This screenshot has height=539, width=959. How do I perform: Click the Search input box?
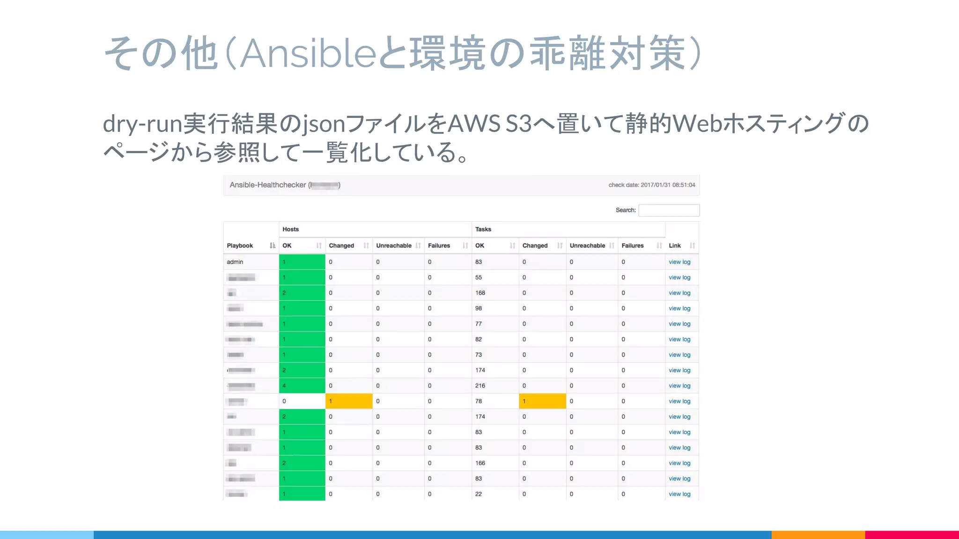[669, 211]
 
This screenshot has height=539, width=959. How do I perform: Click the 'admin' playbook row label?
[235, 262]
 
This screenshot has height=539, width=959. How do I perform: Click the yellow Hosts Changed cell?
[349, 401]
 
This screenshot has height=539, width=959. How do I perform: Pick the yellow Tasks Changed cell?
[542, 401]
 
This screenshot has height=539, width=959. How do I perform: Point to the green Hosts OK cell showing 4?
[302, 386]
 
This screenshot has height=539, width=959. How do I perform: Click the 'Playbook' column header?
[240, 246]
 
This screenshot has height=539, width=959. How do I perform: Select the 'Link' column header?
[675, 246]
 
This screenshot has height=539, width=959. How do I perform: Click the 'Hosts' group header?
[291, 229]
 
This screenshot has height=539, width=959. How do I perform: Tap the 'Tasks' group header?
[483, 229]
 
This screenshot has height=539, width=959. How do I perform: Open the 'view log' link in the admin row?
[679, 262]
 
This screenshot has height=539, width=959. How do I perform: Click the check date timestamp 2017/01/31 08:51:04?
[668, 185]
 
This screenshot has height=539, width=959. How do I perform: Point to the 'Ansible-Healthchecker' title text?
[268, 185]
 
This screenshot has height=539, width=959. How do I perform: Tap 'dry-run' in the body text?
[142, 124]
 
